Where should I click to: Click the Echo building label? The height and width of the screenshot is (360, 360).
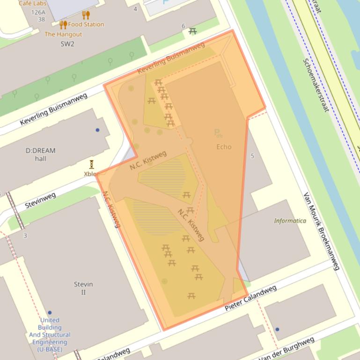click(x=224, y=147)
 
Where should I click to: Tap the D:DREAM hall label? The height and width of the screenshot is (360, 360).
click(x=40, y=154)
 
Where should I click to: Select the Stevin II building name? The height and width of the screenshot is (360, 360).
click(x=83, y=288)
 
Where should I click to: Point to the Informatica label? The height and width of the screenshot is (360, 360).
click(x=290, y=221)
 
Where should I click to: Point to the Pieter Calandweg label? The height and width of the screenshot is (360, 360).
click(x=250, y=299)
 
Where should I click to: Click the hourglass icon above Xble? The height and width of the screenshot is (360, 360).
click(x=92, y=164)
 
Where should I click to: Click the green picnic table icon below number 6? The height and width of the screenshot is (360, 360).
click(x=192, y=31)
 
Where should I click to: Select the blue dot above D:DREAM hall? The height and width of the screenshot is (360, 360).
click(x=97, y=130)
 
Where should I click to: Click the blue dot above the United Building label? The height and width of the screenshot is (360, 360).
click(x=50, y=313)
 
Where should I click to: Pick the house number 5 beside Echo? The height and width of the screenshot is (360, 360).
click(x=252, y=156)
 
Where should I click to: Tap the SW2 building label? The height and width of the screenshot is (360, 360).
click(x=67, y=44)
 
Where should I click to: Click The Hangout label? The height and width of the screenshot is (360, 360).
click(x=63, y=34)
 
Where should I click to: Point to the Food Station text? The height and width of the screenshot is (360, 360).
click(x=86, y=24)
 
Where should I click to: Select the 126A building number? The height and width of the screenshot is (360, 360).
click(x=38, y=12)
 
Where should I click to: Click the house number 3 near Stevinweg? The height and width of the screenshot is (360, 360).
click(x=25, y=236)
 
